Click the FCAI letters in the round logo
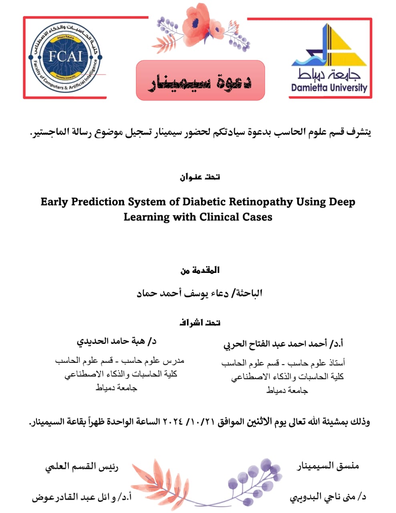(65, 56)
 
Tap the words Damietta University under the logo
(329, 87)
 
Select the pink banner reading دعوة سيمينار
(200, 80)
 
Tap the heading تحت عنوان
(200, 177)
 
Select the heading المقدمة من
(200, 270)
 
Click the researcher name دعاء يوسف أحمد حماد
(182, 293)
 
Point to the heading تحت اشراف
(200, 323)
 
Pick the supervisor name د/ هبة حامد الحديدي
(116, 341)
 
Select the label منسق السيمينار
(328, 466)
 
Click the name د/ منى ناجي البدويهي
(328, 497)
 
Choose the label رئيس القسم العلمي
(82, 467)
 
